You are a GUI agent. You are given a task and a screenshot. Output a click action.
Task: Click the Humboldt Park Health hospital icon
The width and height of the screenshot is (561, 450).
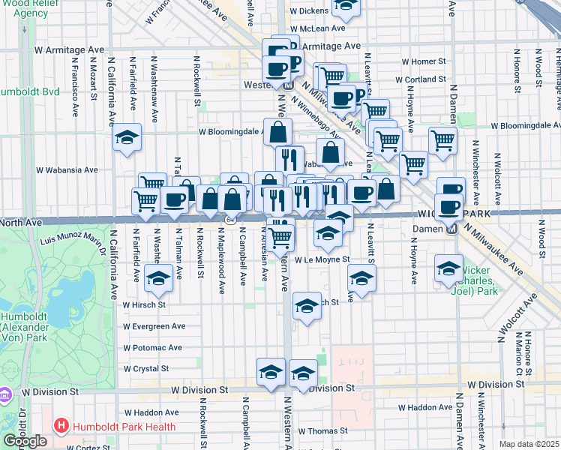(x=61, y=427)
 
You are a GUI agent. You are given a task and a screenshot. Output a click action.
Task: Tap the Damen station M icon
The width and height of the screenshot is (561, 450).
(x=450, y=229)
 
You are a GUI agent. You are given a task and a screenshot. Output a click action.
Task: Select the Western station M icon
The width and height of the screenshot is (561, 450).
(x=287, y=85)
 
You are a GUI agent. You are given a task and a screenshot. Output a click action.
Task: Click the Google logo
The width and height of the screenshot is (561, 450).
(x=25, y=441)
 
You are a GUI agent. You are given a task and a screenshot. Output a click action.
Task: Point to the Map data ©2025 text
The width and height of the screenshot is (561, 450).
(x=529, y=444)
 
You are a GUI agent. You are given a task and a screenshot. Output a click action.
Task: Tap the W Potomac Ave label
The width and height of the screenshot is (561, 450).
(x=153, y=348)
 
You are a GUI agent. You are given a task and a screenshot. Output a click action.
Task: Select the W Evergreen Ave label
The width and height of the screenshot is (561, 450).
(x=154, y=326)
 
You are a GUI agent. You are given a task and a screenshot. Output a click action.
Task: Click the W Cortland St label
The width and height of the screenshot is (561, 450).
(x=424, y=79)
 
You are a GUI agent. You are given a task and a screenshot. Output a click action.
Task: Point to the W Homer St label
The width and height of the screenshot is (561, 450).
(x=424, y=61)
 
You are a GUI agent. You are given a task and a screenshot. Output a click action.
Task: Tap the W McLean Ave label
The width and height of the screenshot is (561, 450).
(x=317, y=28)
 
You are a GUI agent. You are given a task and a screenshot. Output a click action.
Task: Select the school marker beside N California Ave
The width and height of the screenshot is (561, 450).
(x=127, y=137)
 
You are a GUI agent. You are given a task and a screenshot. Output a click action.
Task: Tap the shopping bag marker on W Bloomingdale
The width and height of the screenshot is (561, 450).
(x=277, y=131)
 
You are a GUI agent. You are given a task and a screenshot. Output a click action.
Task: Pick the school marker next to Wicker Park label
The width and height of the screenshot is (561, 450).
(x=448, y=266)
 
